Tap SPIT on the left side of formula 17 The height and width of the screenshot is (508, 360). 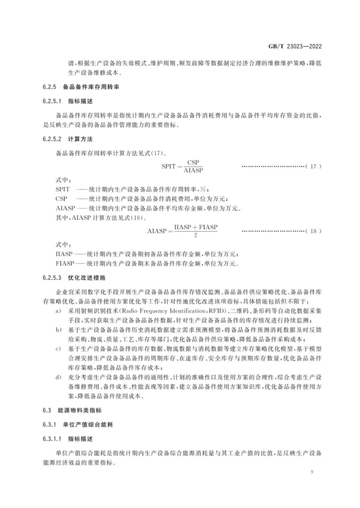pos(169,167)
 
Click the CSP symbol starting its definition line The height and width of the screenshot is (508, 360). pos(61,199)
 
